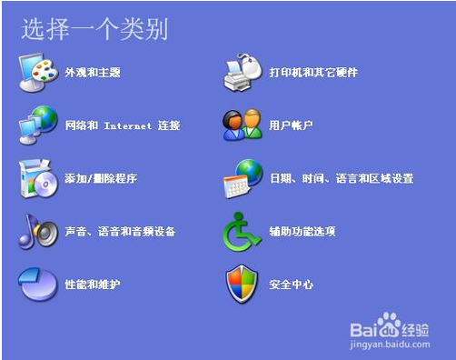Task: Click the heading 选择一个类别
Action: (94, 29)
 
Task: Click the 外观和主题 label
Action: (93, 72)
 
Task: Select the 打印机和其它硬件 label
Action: (313, 72)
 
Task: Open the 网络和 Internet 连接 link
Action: (123, 125)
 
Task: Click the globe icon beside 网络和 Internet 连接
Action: (38, 125)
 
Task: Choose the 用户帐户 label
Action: (291, 125)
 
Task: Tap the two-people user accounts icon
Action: (243, 125)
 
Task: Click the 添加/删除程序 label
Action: (101, 178)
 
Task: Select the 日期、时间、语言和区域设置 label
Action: (342, 178)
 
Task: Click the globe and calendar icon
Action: (243, 178)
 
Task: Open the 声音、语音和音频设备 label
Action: (120, 232)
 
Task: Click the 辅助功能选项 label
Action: (302, 232)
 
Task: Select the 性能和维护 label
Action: (93, 285)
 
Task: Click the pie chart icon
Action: (38, 285)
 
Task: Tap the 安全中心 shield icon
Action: (243, 285)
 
